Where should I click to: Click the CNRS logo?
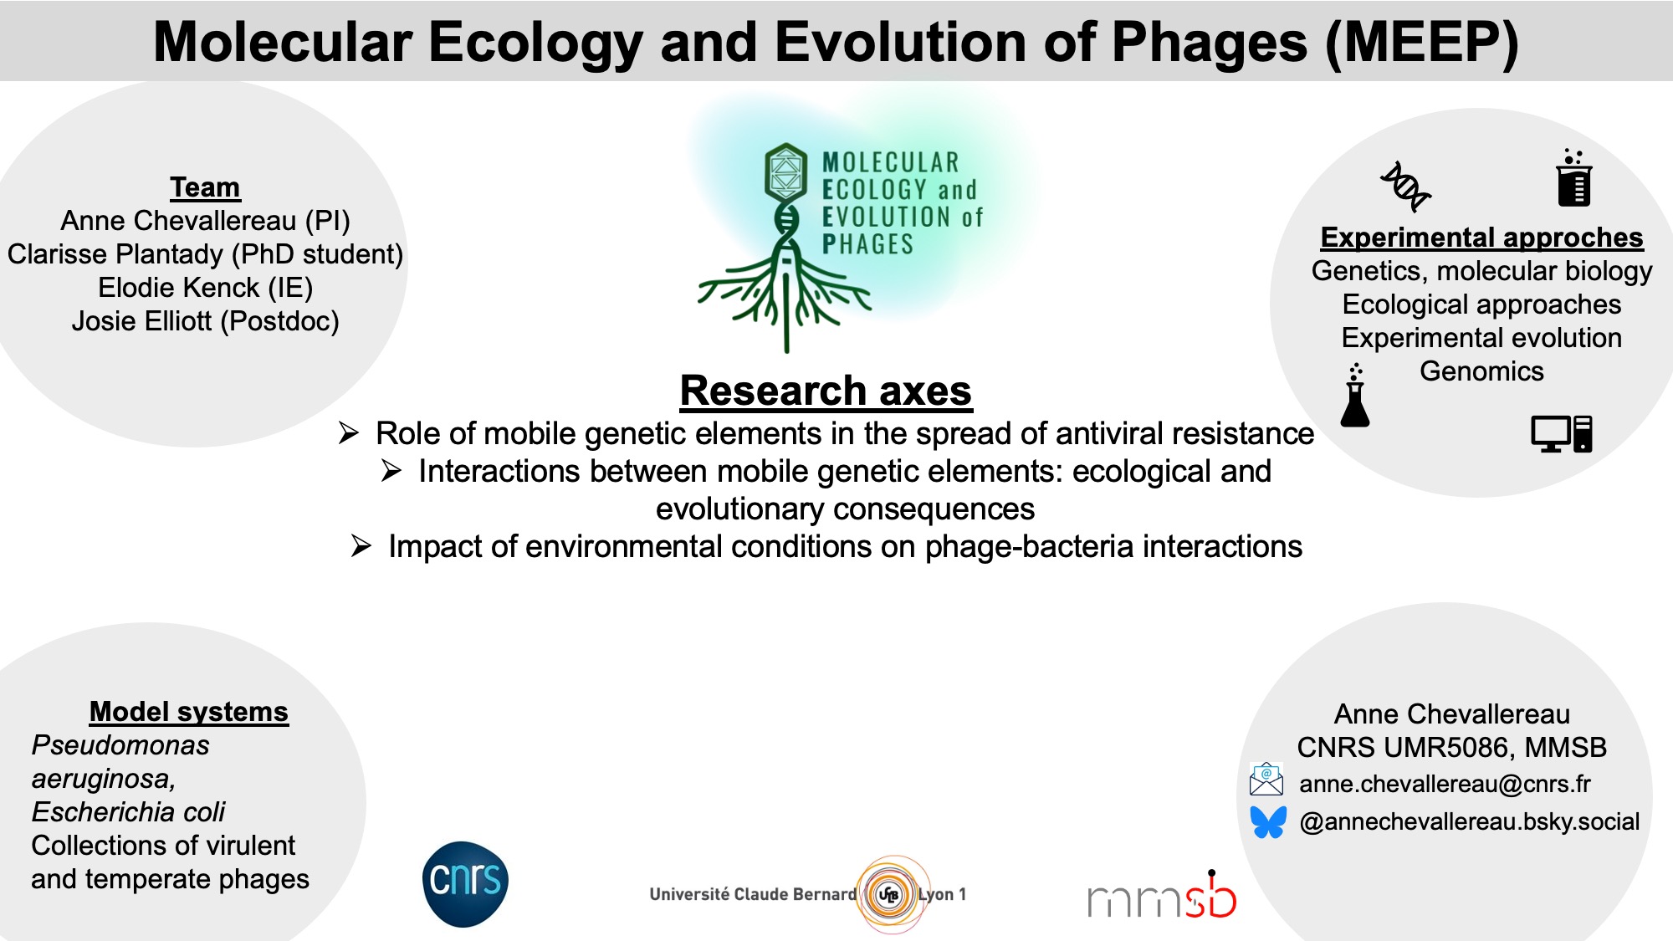[x=465, y=884]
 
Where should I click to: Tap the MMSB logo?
[x=1162, y=895]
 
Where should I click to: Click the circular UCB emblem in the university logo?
[x=889, y=894]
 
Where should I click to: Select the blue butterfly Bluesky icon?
[x=1268, y=821]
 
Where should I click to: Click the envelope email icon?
[x=1266, y=779]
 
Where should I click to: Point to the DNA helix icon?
[x=1405, y=186]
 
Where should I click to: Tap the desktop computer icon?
[x=1562, y=433]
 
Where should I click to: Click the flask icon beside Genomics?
[x=1355, y=396]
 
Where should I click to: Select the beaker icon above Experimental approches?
[x=1573, y=177]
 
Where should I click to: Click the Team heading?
[x=205, y=187]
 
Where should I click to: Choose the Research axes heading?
[x=826, y=391]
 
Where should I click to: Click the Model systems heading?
[x=189, y=712]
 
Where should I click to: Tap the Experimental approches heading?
[x=1481, y=238]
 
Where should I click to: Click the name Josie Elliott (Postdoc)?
[x=205, y=321]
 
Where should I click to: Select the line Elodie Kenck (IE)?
[x=205, y=288]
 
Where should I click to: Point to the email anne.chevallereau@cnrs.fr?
[x=1445, y=784]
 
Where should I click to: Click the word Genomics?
[x=1481, y=371]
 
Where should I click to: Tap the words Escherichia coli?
[x=128, y=812]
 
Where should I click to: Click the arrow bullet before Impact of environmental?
[x=361, y=546]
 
